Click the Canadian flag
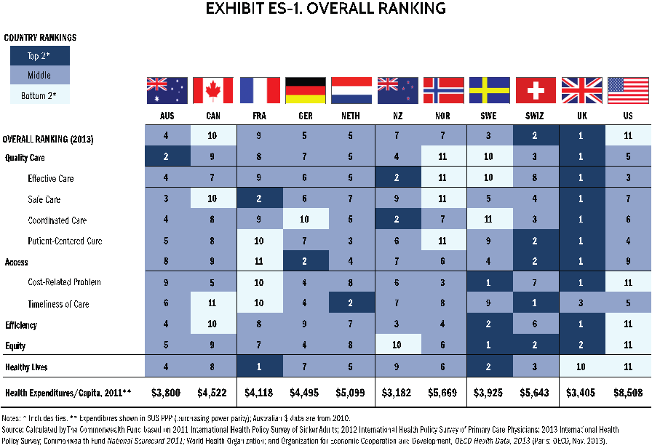(213, 91)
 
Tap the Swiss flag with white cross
(536, 91)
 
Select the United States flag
(628, 91)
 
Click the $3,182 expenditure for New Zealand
(397, 393)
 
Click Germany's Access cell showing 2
(306, 262)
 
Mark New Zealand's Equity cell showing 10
(397, 345)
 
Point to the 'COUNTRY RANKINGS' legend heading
(40, 37)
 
